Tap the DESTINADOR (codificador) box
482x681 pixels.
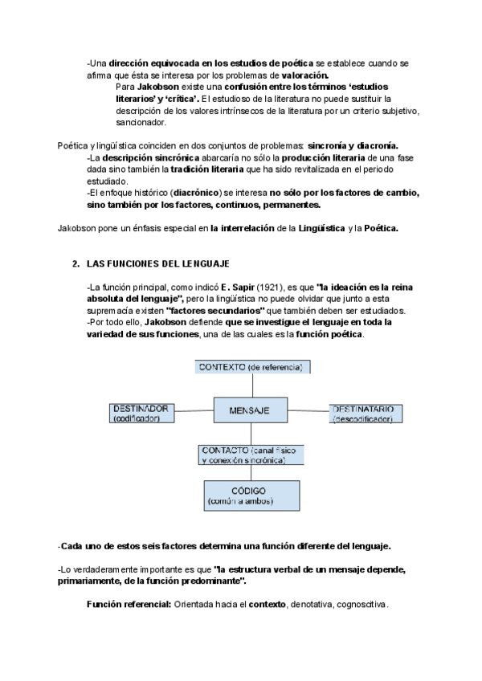click(x=141, y=413)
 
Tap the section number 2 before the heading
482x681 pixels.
click(x=74, y=263)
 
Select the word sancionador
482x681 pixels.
click(x=141, y=123)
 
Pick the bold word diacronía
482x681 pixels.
click(x=372, y=145)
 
